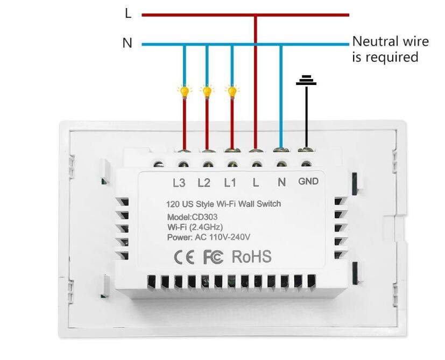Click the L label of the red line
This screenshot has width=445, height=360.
coord(128,14)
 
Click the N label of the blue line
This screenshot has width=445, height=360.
coord(128,43)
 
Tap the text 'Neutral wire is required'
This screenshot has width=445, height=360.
coord(390,49)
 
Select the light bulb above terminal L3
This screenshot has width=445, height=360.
coord(185,91)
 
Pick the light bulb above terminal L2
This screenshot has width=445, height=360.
coord(207,91)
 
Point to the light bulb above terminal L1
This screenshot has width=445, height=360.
coord(232,91)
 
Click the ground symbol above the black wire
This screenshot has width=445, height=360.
coord(306,80)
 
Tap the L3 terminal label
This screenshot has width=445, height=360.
coord(179,183)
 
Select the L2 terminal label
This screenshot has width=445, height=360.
coord(204,183)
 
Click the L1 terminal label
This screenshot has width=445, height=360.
coord(230,183)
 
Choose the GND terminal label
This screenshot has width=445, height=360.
coord(308,182)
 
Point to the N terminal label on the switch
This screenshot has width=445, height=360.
coord(281,183)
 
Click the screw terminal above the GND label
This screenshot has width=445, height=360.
coord(306,165)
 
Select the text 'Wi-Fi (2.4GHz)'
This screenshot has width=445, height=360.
coord(195,227)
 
